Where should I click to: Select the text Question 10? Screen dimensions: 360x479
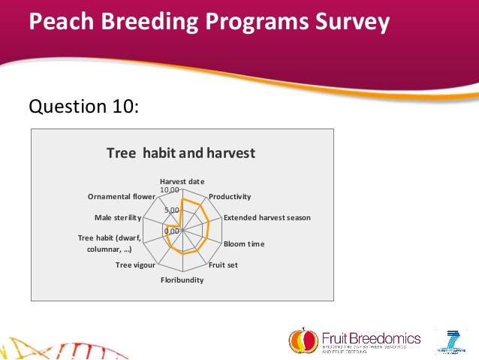click(83, 107)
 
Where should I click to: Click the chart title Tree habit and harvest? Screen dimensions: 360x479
click(181, 153)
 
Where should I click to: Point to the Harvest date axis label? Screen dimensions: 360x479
click(182, 182)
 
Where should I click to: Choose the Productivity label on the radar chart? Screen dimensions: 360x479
click(230, 196)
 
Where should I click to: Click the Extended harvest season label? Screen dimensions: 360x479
click(267, 218)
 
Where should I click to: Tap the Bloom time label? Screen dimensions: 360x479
click(244, 244)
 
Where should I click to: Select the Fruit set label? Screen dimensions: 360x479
click(223, 265)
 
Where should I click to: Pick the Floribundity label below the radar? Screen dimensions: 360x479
click(182, 280)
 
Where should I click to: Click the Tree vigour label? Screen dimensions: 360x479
click(135, 265)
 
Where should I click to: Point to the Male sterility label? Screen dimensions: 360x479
click(118, 218)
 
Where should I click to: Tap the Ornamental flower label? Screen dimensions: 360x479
click(121, 197)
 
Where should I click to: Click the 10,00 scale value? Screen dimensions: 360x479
click(170, 189)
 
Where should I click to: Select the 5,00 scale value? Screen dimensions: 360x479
click(171, 210)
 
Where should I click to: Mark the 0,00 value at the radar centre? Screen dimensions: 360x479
click(172, 231)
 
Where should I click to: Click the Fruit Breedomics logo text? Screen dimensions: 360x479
click(371, 339)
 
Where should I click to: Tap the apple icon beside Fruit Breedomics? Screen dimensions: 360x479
click(303, 340)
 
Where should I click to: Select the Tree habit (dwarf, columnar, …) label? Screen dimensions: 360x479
click(110, 244)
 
